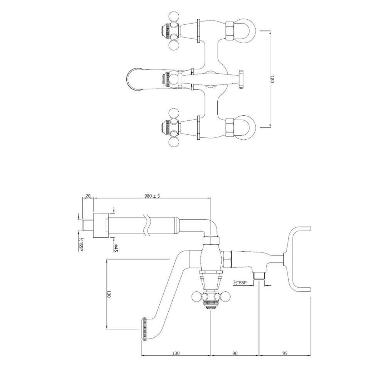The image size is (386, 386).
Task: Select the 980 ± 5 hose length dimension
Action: (152, 196)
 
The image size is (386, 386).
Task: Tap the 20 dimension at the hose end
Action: (88, 196)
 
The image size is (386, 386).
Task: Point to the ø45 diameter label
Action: (117, 247)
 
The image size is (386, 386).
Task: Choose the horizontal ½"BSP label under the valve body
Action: (240, 283)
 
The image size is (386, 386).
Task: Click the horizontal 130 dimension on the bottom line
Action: (176, 353)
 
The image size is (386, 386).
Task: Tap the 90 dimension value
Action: (235, 353)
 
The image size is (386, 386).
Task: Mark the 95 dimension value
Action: (285, 353)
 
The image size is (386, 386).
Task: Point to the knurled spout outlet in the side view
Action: (145, 329)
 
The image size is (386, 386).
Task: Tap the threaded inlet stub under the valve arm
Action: (258, 276)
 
